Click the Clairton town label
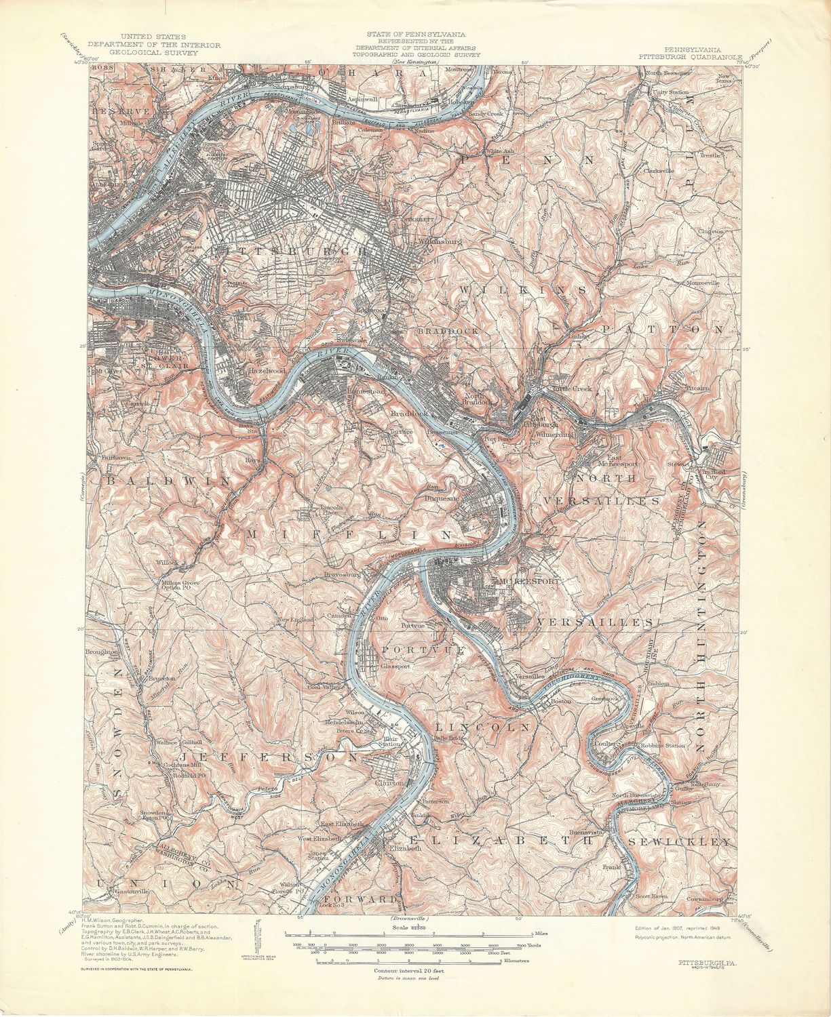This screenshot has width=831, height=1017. pos(389,782)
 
